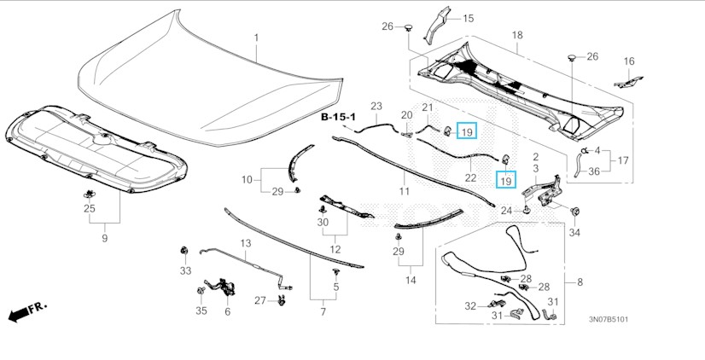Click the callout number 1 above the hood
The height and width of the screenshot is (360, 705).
[254, 38]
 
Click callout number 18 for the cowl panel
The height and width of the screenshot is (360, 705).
[516, 35]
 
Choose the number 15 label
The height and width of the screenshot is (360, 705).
[468, 18]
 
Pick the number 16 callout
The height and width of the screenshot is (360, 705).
[629, 61]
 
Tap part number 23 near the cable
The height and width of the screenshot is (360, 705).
[376, 106]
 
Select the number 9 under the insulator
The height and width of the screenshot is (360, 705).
[105, 239]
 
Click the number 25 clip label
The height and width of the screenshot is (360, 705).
[90, 209]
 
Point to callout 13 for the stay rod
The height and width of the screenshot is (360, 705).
[245, 244]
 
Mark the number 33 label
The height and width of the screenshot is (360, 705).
[185, 271]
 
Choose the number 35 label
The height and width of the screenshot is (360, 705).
[201, 311]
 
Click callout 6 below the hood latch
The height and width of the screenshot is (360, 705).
[227, 311]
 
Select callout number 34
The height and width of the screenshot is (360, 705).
[574, 232]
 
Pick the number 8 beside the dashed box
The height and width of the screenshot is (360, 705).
[580, 282]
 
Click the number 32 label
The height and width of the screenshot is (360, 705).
[470, 305]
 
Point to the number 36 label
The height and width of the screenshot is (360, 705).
[594, 171]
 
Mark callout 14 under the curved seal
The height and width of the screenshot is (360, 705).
[411, 280]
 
